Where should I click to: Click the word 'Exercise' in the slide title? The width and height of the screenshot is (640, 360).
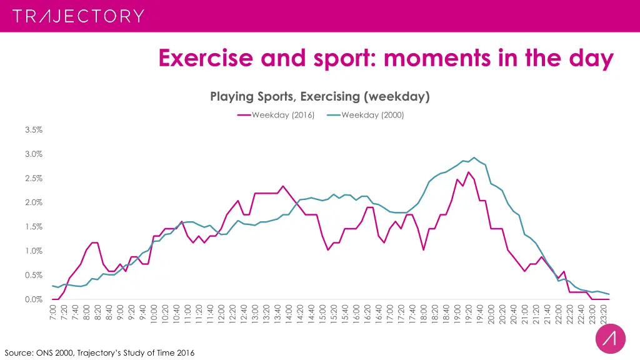[205, 58]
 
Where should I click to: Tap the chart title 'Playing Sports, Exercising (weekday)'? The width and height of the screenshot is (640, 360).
[319, 96]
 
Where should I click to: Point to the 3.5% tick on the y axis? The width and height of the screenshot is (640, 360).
[33, 130]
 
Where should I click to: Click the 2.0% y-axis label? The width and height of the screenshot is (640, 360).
[33, 202]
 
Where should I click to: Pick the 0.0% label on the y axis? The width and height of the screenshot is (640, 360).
[33, 299]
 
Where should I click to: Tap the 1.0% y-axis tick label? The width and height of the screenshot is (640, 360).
[33, 251]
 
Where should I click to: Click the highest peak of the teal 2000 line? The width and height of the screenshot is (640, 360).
[474, 157]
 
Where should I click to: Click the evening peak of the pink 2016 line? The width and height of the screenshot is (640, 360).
[468, 172]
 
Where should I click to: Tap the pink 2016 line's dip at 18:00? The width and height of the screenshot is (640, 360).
[424, 250]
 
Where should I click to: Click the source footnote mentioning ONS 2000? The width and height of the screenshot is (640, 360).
[99, 353]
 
